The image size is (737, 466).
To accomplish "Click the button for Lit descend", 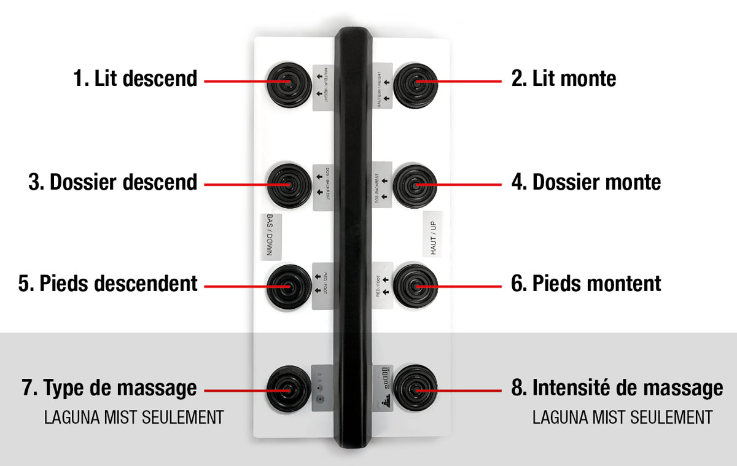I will [x=287, y=81].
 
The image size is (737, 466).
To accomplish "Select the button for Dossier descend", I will [x=287, y=183].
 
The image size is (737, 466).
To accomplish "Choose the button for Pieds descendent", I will [x=287, y=285].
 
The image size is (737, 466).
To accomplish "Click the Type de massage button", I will [x=287, y=389].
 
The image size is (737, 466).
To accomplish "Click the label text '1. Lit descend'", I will [x=135, y=79].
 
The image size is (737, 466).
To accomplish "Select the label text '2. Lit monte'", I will [x=563, y=79].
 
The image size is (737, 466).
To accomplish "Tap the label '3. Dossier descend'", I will [x=113, y=182].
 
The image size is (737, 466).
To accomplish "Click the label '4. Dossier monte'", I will [x=586, y=182].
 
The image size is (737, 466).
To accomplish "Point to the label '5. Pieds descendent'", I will [x=108, y=284].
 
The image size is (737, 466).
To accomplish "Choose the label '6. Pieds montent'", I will [x=586, y=284].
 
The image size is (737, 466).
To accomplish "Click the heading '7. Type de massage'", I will [x=111, y=388].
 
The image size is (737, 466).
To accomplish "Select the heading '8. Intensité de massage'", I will [x=617, y=388].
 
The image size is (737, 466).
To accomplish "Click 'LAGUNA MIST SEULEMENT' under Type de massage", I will [x=133, y=418].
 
